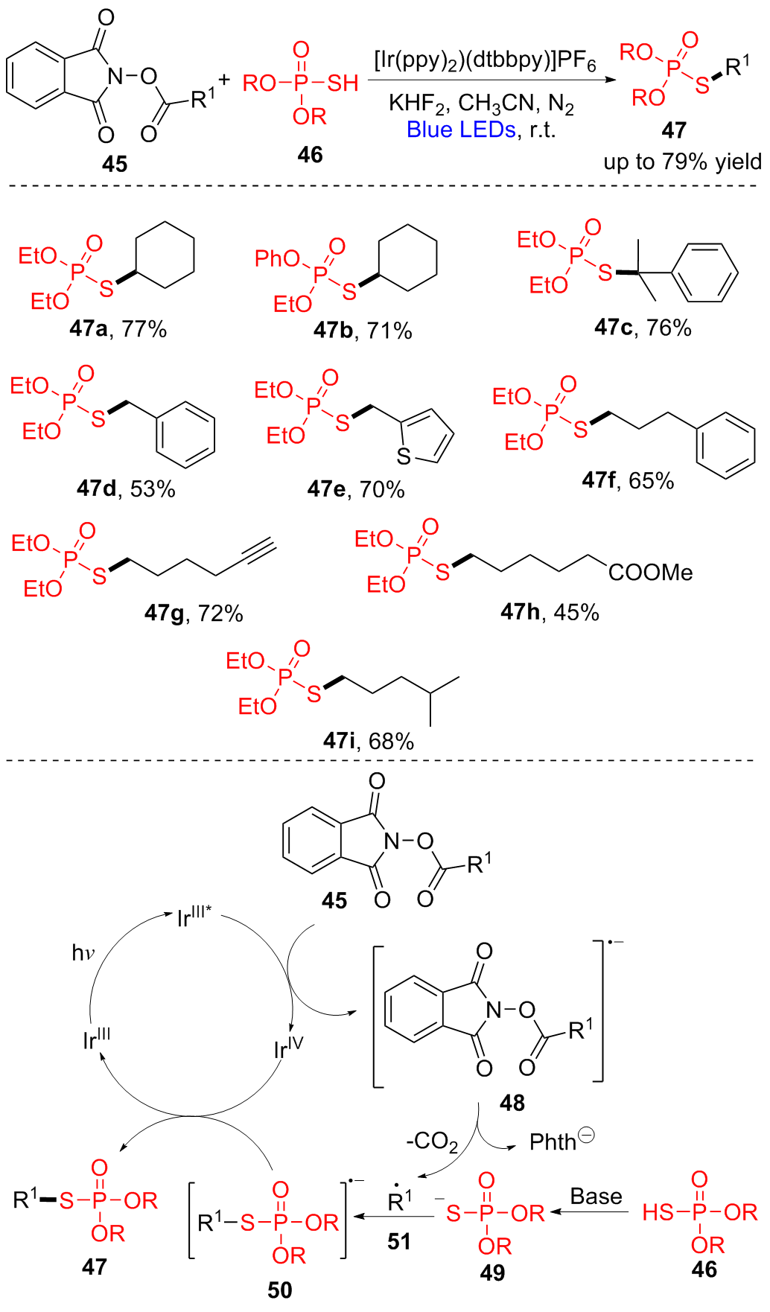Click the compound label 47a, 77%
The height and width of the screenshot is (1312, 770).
tap(118, 328)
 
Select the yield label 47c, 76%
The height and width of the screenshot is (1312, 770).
tap(643, 327)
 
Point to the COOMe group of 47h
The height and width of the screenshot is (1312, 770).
tap(650, 573)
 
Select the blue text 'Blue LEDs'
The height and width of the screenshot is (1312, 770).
tap(461, 130)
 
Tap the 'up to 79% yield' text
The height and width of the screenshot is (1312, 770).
tap(682, 162)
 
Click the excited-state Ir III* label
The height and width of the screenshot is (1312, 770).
tap(194, 917)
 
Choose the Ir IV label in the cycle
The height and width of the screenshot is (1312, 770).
tap(288, 1048)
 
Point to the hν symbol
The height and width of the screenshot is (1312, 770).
tap(83, 952)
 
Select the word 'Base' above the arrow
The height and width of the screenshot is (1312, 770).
tap(596, 1197)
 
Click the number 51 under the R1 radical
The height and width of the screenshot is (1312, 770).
tap(399, 1241)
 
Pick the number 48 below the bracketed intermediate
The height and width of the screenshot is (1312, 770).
tap(512, 1103)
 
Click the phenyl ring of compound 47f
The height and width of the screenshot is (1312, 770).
tap(725, 445)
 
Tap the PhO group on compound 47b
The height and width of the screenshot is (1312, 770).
tap(277, 258)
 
